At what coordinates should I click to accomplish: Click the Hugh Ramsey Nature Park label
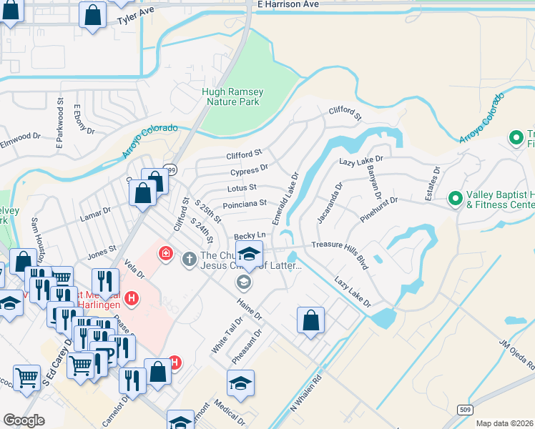point(232,97)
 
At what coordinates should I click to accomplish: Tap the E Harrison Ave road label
point(288,4)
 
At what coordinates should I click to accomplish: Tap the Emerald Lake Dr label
point(284,197)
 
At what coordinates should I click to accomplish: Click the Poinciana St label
point(245,204)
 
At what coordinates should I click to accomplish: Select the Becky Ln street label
point(250,235)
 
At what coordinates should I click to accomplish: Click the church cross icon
point(189,258)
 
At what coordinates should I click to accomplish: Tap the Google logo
point(24,420)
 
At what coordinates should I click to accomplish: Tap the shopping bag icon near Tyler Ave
point(93,16)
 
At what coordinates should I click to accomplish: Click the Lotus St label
point(242,187)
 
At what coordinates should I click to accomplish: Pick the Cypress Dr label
point(249,170)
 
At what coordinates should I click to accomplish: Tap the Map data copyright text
point(505,423)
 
